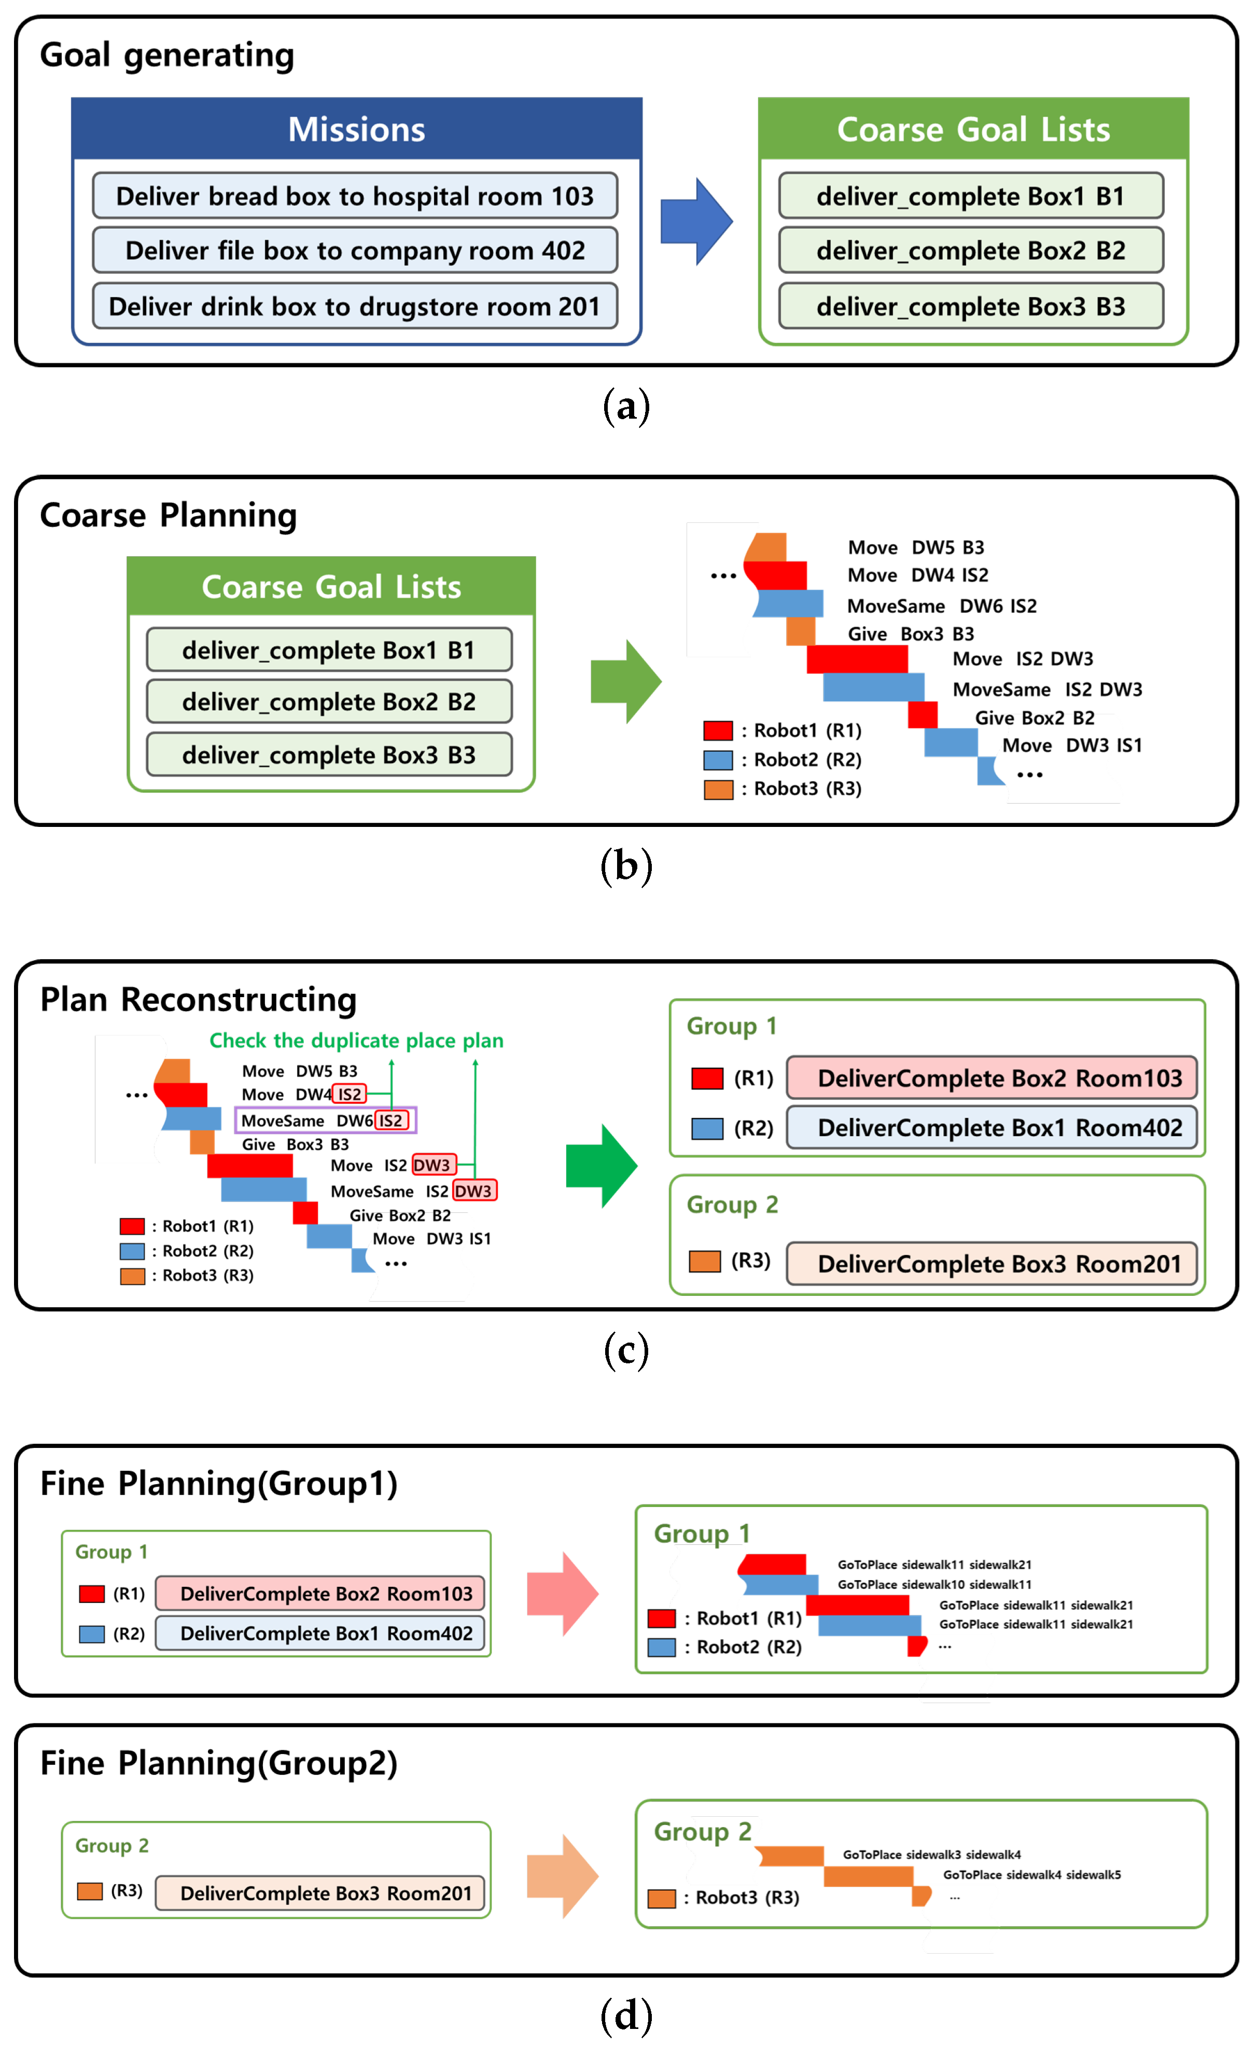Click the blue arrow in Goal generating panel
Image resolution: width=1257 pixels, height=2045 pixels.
[x=696, y=221]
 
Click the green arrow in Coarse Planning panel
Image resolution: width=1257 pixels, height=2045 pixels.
[x=625, y=681]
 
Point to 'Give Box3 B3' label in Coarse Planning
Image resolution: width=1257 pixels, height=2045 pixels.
[x=910, y=634]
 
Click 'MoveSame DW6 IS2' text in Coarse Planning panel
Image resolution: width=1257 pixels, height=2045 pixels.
[x=941, y=605]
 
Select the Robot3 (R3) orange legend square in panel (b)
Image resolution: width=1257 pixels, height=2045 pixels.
[x=718, y=789]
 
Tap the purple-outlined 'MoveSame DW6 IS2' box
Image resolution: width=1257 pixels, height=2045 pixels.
[x=325, y=1120]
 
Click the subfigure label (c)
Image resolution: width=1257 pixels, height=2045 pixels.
[x=625, y=1350]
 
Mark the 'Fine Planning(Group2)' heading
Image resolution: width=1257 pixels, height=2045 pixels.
[x=219, y=1763]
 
